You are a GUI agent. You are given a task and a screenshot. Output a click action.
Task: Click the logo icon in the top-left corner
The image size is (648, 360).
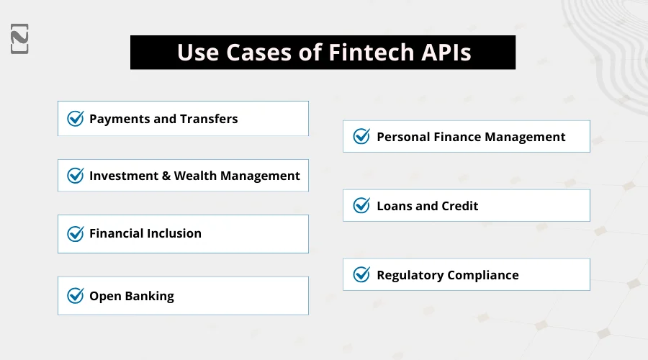pyautogui.click(x=20, y=39)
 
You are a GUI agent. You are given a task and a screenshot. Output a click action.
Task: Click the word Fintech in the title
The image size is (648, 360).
pyautogui.click(x=363, y=53)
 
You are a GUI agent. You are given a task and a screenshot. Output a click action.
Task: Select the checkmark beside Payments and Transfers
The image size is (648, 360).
pyautogui.click(x=76, y=119)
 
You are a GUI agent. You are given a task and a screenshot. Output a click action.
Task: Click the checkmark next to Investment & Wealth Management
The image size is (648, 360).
pyautogui.click(x=76, y=176)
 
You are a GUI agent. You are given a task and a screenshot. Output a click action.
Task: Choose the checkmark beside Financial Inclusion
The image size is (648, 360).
pyautogui.click(x=76, y=233)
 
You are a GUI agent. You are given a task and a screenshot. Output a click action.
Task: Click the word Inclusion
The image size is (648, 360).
pyautogui.click(x=174, y=233)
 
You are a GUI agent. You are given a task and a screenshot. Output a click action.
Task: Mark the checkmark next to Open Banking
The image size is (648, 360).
pyautogui.click(x=76, y=296)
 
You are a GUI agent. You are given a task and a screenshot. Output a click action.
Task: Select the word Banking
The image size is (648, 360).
pyautogui.click(x=150, y=296)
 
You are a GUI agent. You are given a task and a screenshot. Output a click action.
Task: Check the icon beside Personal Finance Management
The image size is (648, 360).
pyautogui.click(x=361, y=136)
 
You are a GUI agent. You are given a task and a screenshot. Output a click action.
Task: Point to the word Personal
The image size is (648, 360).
pyautogui.click(x=402, y=136)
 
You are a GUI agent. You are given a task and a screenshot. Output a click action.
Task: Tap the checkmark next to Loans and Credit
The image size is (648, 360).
pyautogui.click(x=361, y=206)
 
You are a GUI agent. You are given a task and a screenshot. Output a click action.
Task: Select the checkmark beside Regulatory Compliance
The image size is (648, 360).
pyautogui.click(x=361, y=275)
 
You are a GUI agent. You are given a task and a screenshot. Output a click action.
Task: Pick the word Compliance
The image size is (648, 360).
pyautogui.click(x=483, y=275)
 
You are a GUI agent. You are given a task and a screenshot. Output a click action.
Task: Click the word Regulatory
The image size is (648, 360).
pyautogui.click(x=410, y=275)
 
